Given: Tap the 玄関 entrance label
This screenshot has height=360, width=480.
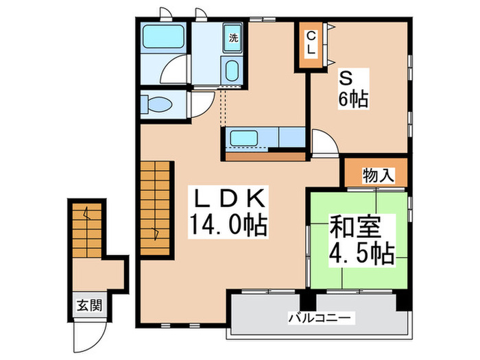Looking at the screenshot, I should (89, 305).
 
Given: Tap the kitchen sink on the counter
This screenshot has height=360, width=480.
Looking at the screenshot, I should (244, 138).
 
